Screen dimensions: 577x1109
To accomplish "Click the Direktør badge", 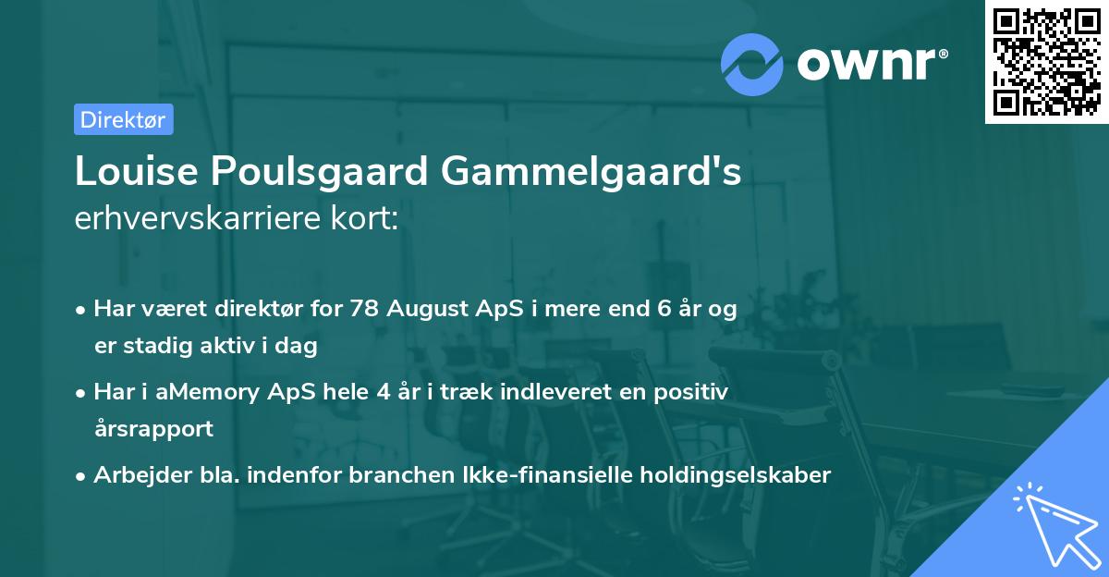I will click(x=123, y=119).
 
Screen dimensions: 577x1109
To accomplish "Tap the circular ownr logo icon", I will click(x=751, y=63).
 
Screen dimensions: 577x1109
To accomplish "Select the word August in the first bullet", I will click(x=421, y=310).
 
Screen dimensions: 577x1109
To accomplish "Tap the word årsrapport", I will click(x=153, y=428).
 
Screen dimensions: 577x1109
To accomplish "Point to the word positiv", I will click(x=695, y=392).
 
